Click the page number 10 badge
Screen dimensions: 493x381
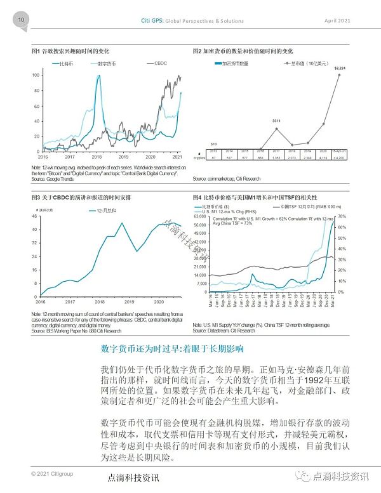21,20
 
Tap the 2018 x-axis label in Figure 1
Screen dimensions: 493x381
97,156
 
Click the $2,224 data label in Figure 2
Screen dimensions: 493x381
340,68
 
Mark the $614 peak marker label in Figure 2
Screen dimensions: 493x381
276,121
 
